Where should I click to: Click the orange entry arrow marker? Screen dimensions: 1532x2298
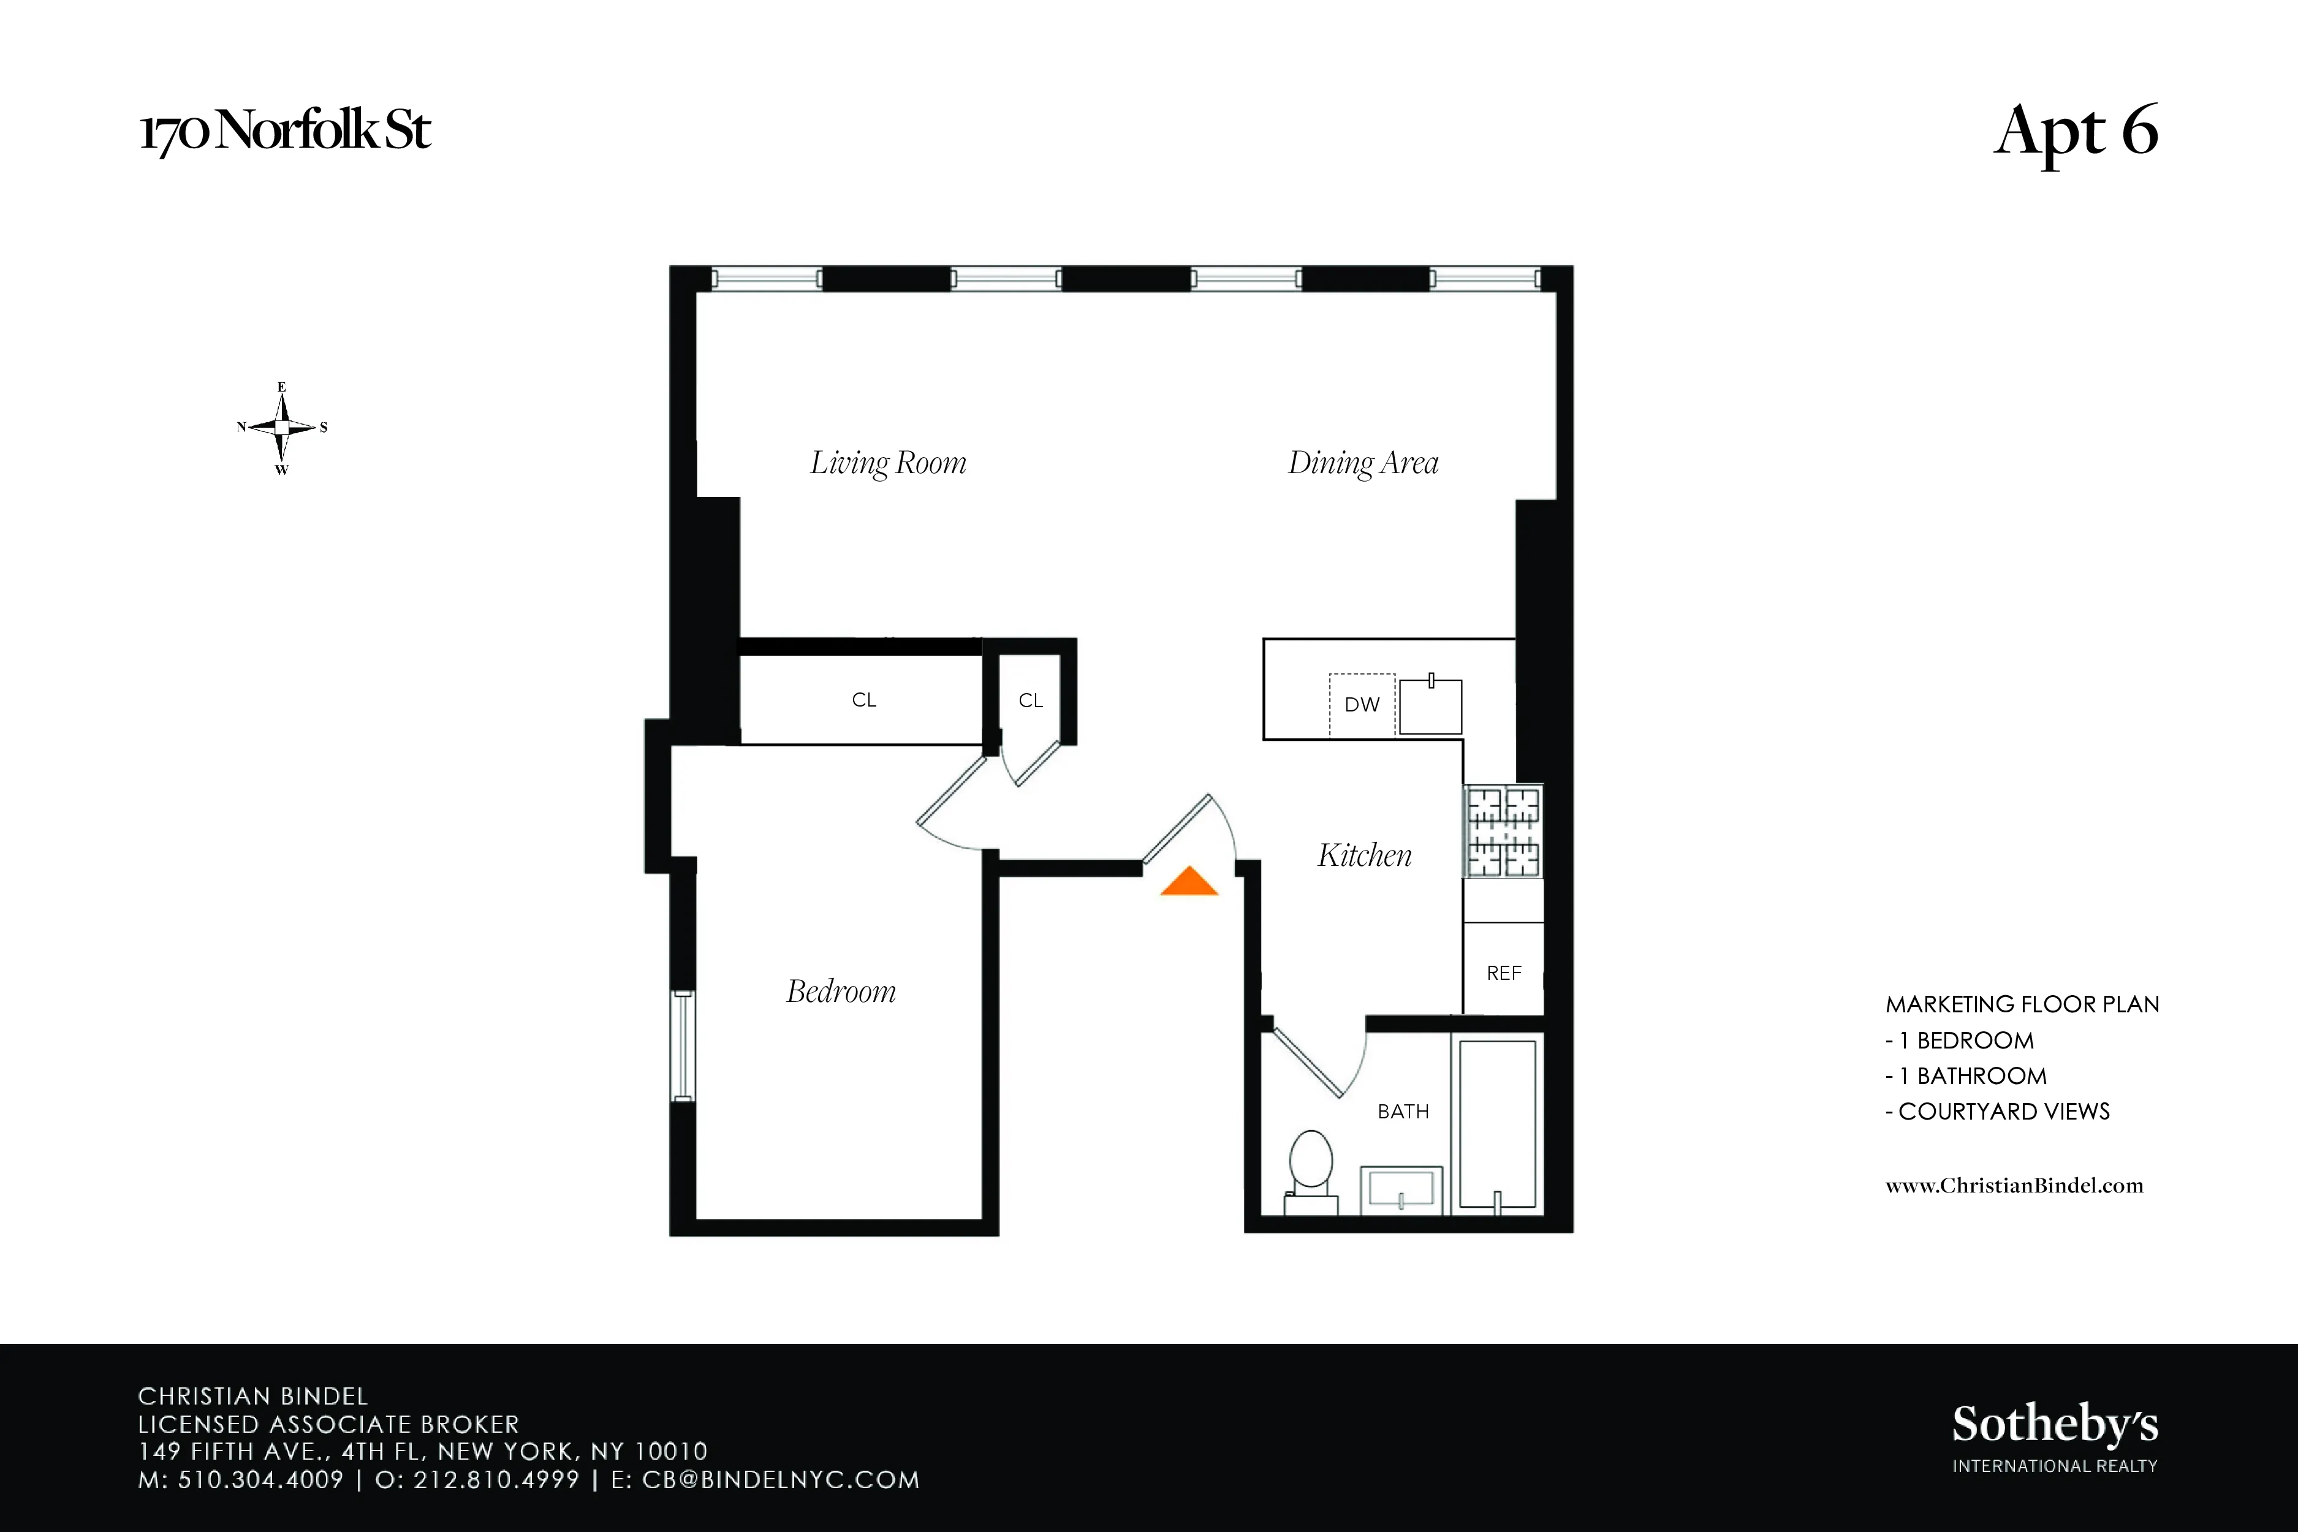pyautogui.click(x=1189, y=882)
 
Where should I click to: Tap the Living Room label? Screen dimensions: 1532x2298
pyautogui.click(x=888, y=462)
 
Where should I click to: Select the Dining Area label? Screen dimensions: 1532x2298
pyautogui.click(x=1363, y=462)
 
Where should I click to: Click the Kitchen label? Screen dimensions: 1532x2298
pyautogui.click(x=1364, y=855)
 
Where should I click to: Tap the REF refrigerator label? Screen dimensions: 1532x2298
pyautogui.click(x=1504, y=973)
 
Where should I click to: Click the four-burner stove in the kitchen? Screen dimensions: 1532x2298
pyautogui.click(x=1503, y=832)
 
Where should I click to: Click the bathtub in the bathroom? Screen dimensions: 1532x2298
pyautogui.click(x=1497, y=1124)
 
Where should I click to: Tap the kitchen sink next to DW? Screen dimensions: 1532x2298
pyautogui.click(x=1430, y=705)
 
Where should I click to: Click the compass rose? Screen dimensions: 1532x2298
pyautogui.click(x=283, y=428)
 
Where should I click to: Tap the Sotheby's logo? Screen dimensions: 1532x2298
pyautogui.click(x=2055, y=1436)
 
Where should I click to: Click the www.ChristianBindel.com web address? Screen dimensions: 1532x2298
pyautogui.click(x=2014, y=1185)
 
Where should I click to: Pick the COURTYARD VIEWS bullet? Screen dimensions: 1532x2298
pyautogui.click(x=1998, y=1111)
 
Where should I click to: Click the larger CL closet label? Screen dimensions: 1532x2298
pyautogui.click(x=863, y=700)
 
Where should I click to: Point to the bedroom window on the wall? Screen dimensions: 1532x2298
pyautogui.click(x=683, y=1045)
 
